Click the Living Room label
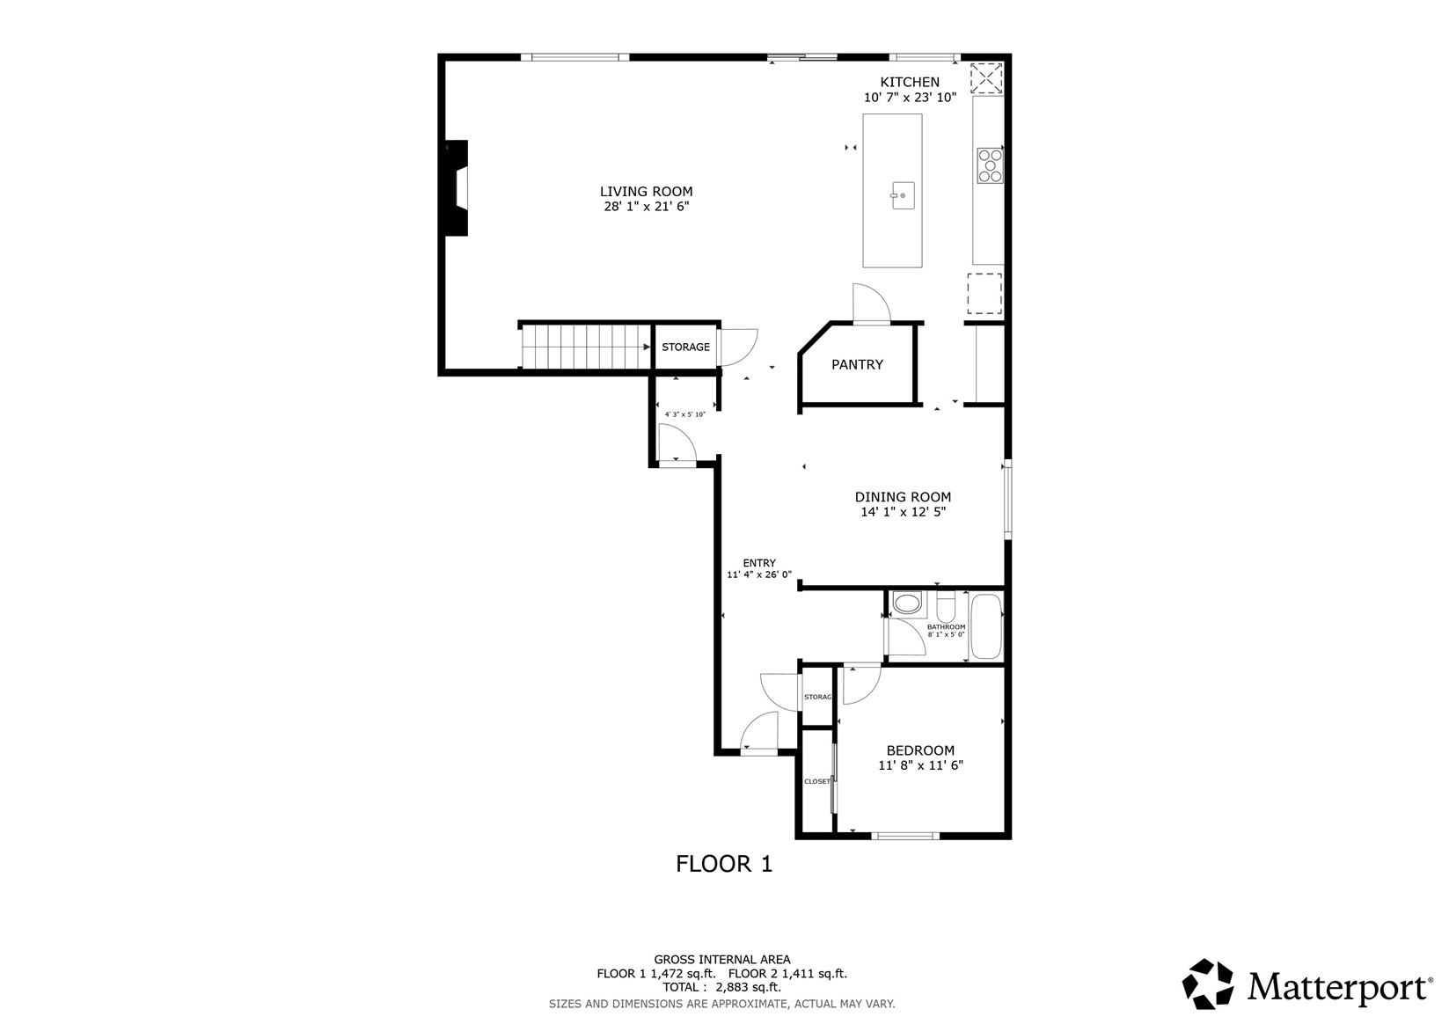point(646,192)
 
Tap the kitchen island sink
point(903,195)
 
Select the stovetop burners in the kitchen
point(990,165)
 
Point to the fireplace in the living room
point(457,187)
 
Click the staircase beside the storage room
point(585,347)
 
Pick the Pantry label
point(857,365)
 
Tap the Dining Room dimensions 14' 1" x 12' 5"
point(903,512)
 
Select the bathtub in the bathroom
point(986,626)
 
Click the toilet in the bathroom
point(946,606)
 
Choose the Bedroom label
point(920,750)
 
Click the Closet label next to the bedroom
point(817,781)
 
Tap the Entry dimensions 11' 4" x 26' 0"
point(759,574)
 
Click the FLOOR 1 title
point(724,864)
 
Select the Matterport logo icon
point(1207,984)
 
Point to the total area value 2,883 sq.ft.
point(748,987)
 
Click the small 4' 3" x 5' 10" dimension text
point(685,414)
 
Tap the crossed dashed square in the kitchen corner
point(986,78)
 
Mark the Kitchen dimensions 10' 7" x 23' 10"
point(911,98)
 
